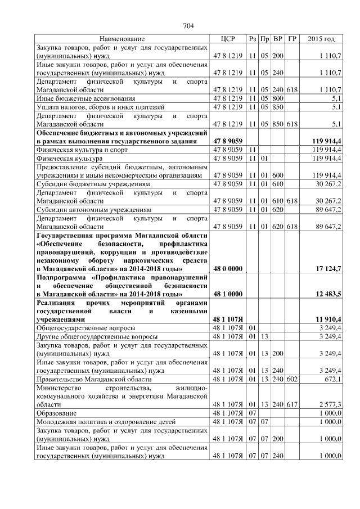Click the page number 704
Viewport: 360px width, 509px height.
(188, 25)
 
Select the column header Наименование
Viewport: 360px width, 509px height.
(121, 39)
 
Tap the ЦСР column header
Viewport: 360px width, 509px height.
(227, 39)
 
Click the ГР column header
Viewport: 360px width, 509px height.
(291, 39)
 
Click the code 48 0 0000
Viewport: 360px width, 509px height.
(228, 269)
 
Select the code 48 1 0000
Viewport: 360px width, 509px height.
(228, 294)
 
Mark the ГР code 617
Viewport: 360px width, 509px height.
(291, 404)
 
